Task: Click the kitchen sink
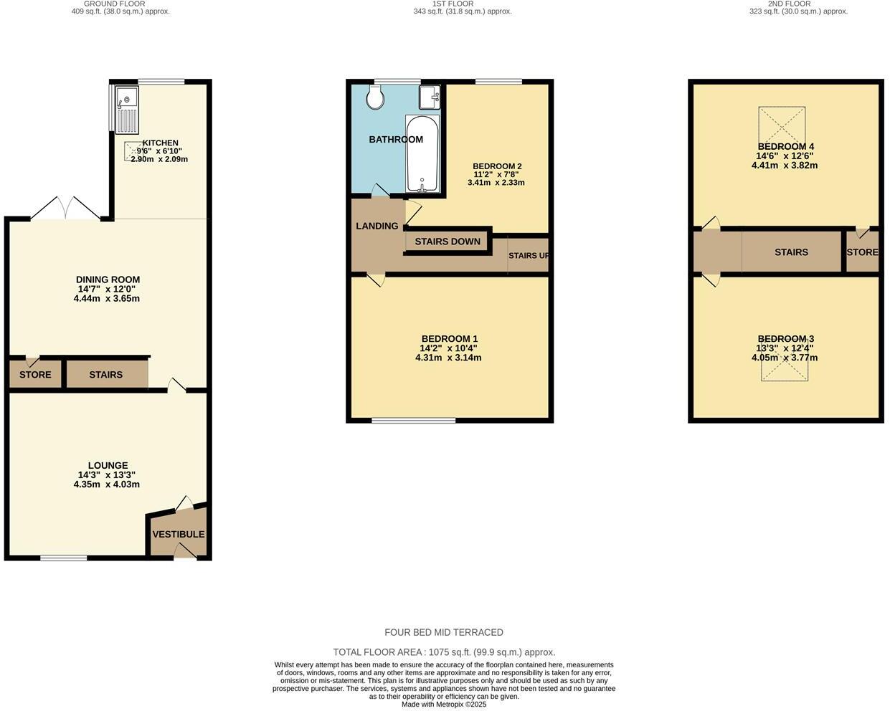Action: coord(127,110)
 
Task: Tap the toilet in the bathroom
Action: coord(374,97)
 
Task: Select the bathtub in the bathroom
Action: coord(422,153)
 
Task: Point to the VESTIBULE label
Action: coord(178,534)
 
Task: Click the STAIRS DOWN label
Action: coord(448,242)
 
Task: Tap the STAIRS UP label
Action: coord(529,256)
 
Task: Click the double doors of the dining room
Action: coord(65,209)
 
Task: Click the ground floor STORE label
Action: coord(35,375)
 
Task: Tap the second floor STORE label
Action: coord(862,252)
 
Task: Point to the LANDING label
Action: coord(377,226)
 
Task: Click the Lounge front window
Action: coord(64,558)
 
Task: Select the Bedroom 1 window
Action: coord(414,420)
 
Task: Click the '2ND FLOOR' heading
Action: coord(789,4)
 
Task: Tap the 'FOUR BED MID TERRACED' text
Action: coord(444,632)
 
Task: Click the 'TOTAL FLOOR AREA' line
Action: coord(444,652)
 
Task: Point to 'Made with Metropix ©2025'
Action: coord(444,705)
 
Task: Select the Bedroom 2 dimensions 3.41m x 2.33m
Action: coord(496,183)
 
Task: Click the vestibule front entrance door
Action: coord(185,551)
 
